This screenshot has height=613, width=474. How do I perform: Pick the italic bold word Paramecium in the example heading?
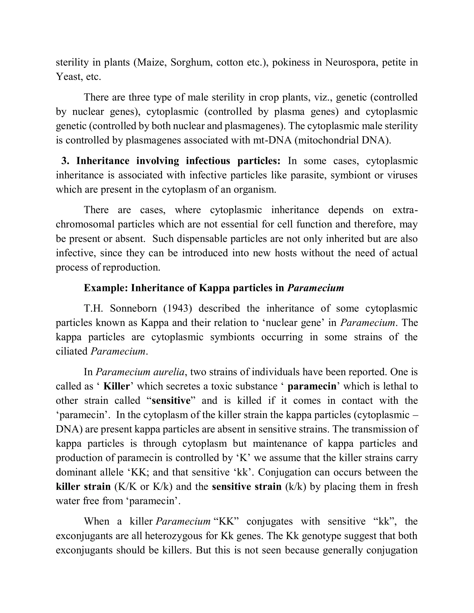[315, 288]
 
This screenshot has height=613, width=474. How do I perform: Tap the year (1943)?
[178, 308]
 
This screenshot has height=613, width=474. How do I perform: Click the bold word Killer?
[116, 387]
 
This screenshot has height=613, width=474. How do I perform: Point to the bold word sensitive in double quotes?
[171, 400]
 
